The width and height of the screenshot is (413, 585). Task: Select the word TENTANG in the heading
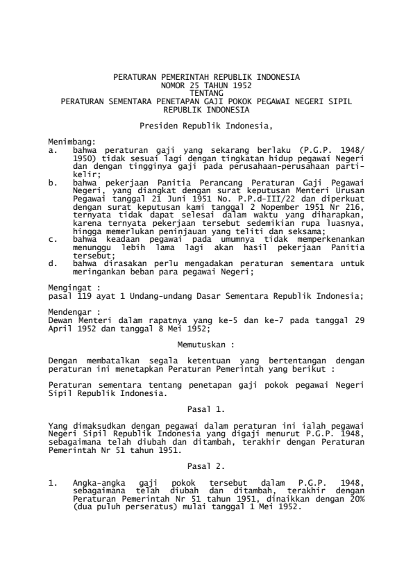[206, 91]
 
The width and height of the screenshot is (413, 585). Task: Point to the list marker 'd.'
[53, 263]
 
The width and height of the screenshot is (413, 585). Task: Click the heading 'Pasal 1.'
[205, 408]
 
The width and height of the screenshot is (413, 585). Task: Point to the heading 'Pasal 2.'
[205, 461]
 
